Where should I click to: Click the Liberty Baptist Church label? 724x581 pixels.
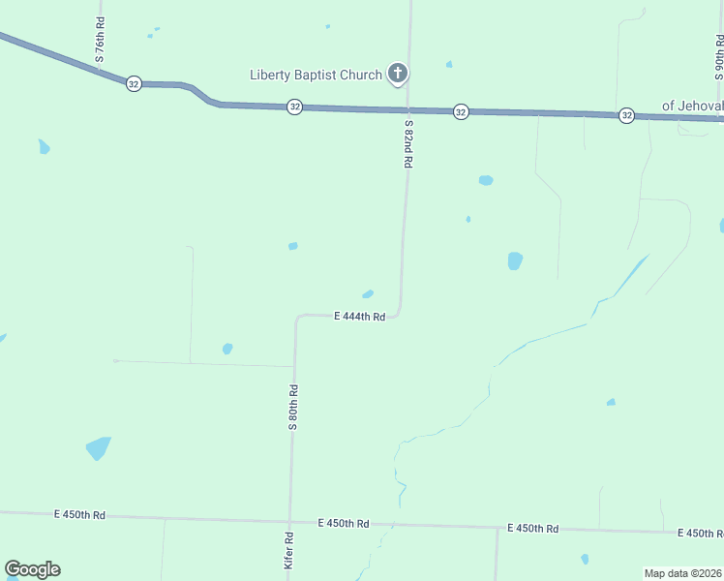point(316,75)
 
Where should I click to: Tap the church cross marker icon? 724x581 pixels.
point(397,74)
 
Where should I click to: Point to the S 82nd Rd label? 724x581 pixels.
point(408,144)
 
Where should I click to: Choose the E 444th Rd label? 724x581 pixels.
point(360,317)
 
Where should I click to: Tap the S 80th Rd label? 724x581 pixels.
point(291,407)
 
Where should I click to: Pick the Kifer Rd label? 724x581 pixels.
point(288,549)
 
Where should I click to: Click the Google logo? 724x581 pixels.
point(32,569)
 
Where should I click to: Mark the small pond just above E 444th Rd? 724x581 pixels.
point(368,294)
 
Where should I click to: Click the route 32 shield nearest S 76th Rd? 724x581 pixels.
point(134,84)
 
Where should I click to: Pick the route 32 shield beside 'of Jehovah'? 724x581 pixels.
point(627,115)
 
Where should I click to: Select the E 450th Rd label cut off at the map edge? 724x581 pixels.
point(701,534)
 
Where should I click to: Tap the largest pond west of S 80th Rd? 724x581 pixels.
point(98,448)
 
